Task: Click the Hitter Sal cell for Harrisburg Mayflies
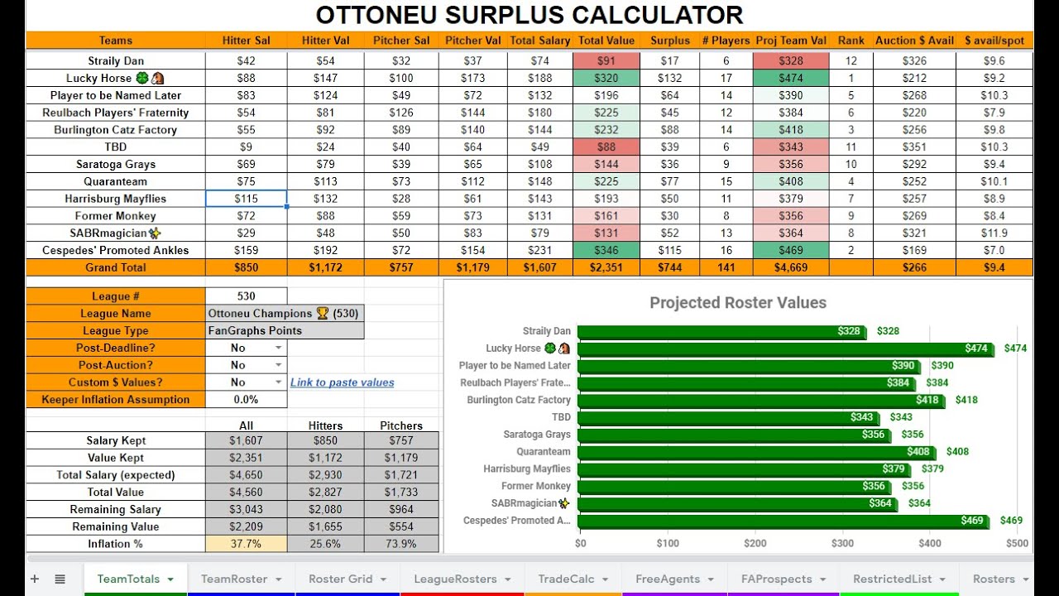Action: coord(246,199)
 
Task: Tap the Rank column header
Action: coord(851,40)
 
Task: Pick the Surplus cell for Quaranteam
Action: coord(669,181)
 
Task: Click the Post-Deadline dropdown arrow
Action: coord(278,348)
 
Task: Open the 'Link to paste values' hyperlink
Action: coord(342,382)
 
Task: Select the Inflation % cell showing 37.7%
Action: coord(246,544)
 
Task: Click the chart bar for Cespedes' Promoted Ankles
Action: coord(769,521)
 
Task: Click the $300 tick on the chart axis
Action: coord(842,544)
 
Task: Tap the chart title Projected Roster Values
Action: coord(737,303)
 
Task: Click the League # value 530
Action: coord(246,296)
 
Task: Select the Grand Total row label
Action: coord(116,267)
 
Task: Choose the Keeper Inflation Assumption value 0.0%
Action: coord(246,399)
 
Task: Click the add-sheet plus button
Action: coord(35,579)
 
